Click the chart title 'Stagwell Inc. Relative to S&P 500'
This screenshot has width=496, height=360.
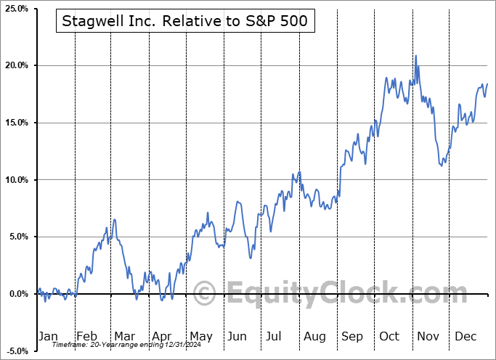pos(184,22)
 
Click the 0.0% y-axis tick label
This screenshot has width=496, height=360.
pos(16,294)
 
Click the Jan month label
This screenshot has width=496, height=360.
pos(47,336)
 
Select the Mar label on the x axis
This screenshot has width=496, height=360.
pos(124,336)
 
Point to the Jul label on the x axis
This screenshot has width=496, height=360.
pos(275,336)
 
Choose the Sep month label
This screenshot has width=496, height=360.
pos(352,336)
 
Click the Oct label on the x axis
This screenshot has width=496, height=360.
pos(390,336)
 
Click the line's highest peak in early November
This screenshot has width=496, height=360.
pos(416,56)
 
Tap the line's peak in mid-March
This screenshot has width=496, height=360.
pos(114,219)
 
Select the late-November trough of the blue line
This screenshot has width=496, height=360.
pos(442,165)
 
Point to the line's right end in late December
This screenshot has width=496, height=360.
pos(487,84)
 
